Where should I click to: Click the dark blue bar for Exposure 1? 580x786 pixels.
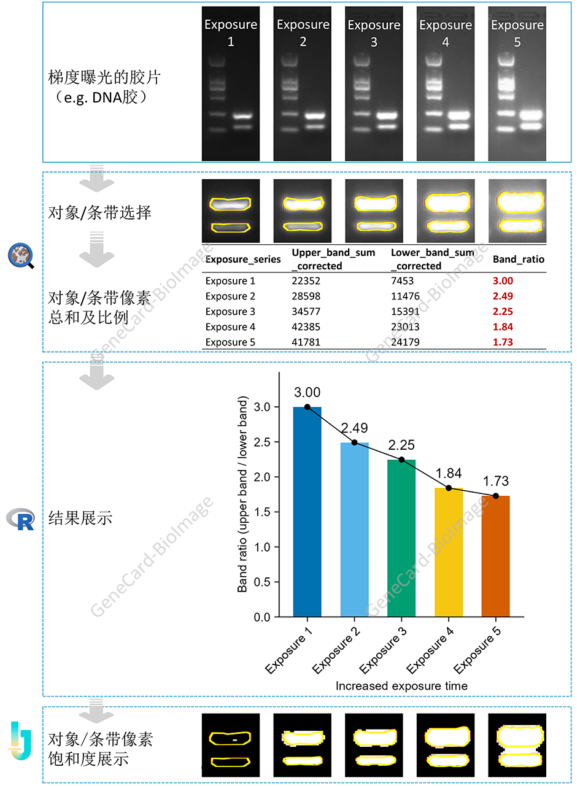[307, 512]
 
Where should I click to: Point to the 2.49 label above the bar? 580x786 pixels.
[354, 428]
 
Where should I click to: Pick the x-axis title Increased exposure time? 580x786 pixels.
[401, 686]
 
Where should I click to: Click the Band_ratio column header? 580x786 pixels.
[519, 260]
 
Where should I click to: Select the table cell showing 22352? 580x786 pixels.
[306, 281]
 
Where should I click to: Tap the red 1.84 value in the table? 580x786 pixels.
[503, 327]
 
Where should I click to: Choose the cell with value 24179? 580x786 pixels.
[406, 342]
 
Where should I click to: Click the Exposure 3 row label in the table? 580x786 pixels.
[230, 312]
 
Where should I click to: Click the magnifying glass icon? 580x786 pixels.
[21, 255]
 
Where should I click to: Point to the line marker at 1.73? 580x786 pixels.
[496, 496]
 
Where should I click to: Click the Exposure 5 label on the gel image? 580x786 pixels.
[517, 33]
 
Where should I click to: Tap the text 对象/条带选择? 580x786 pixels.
[99, 213]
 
